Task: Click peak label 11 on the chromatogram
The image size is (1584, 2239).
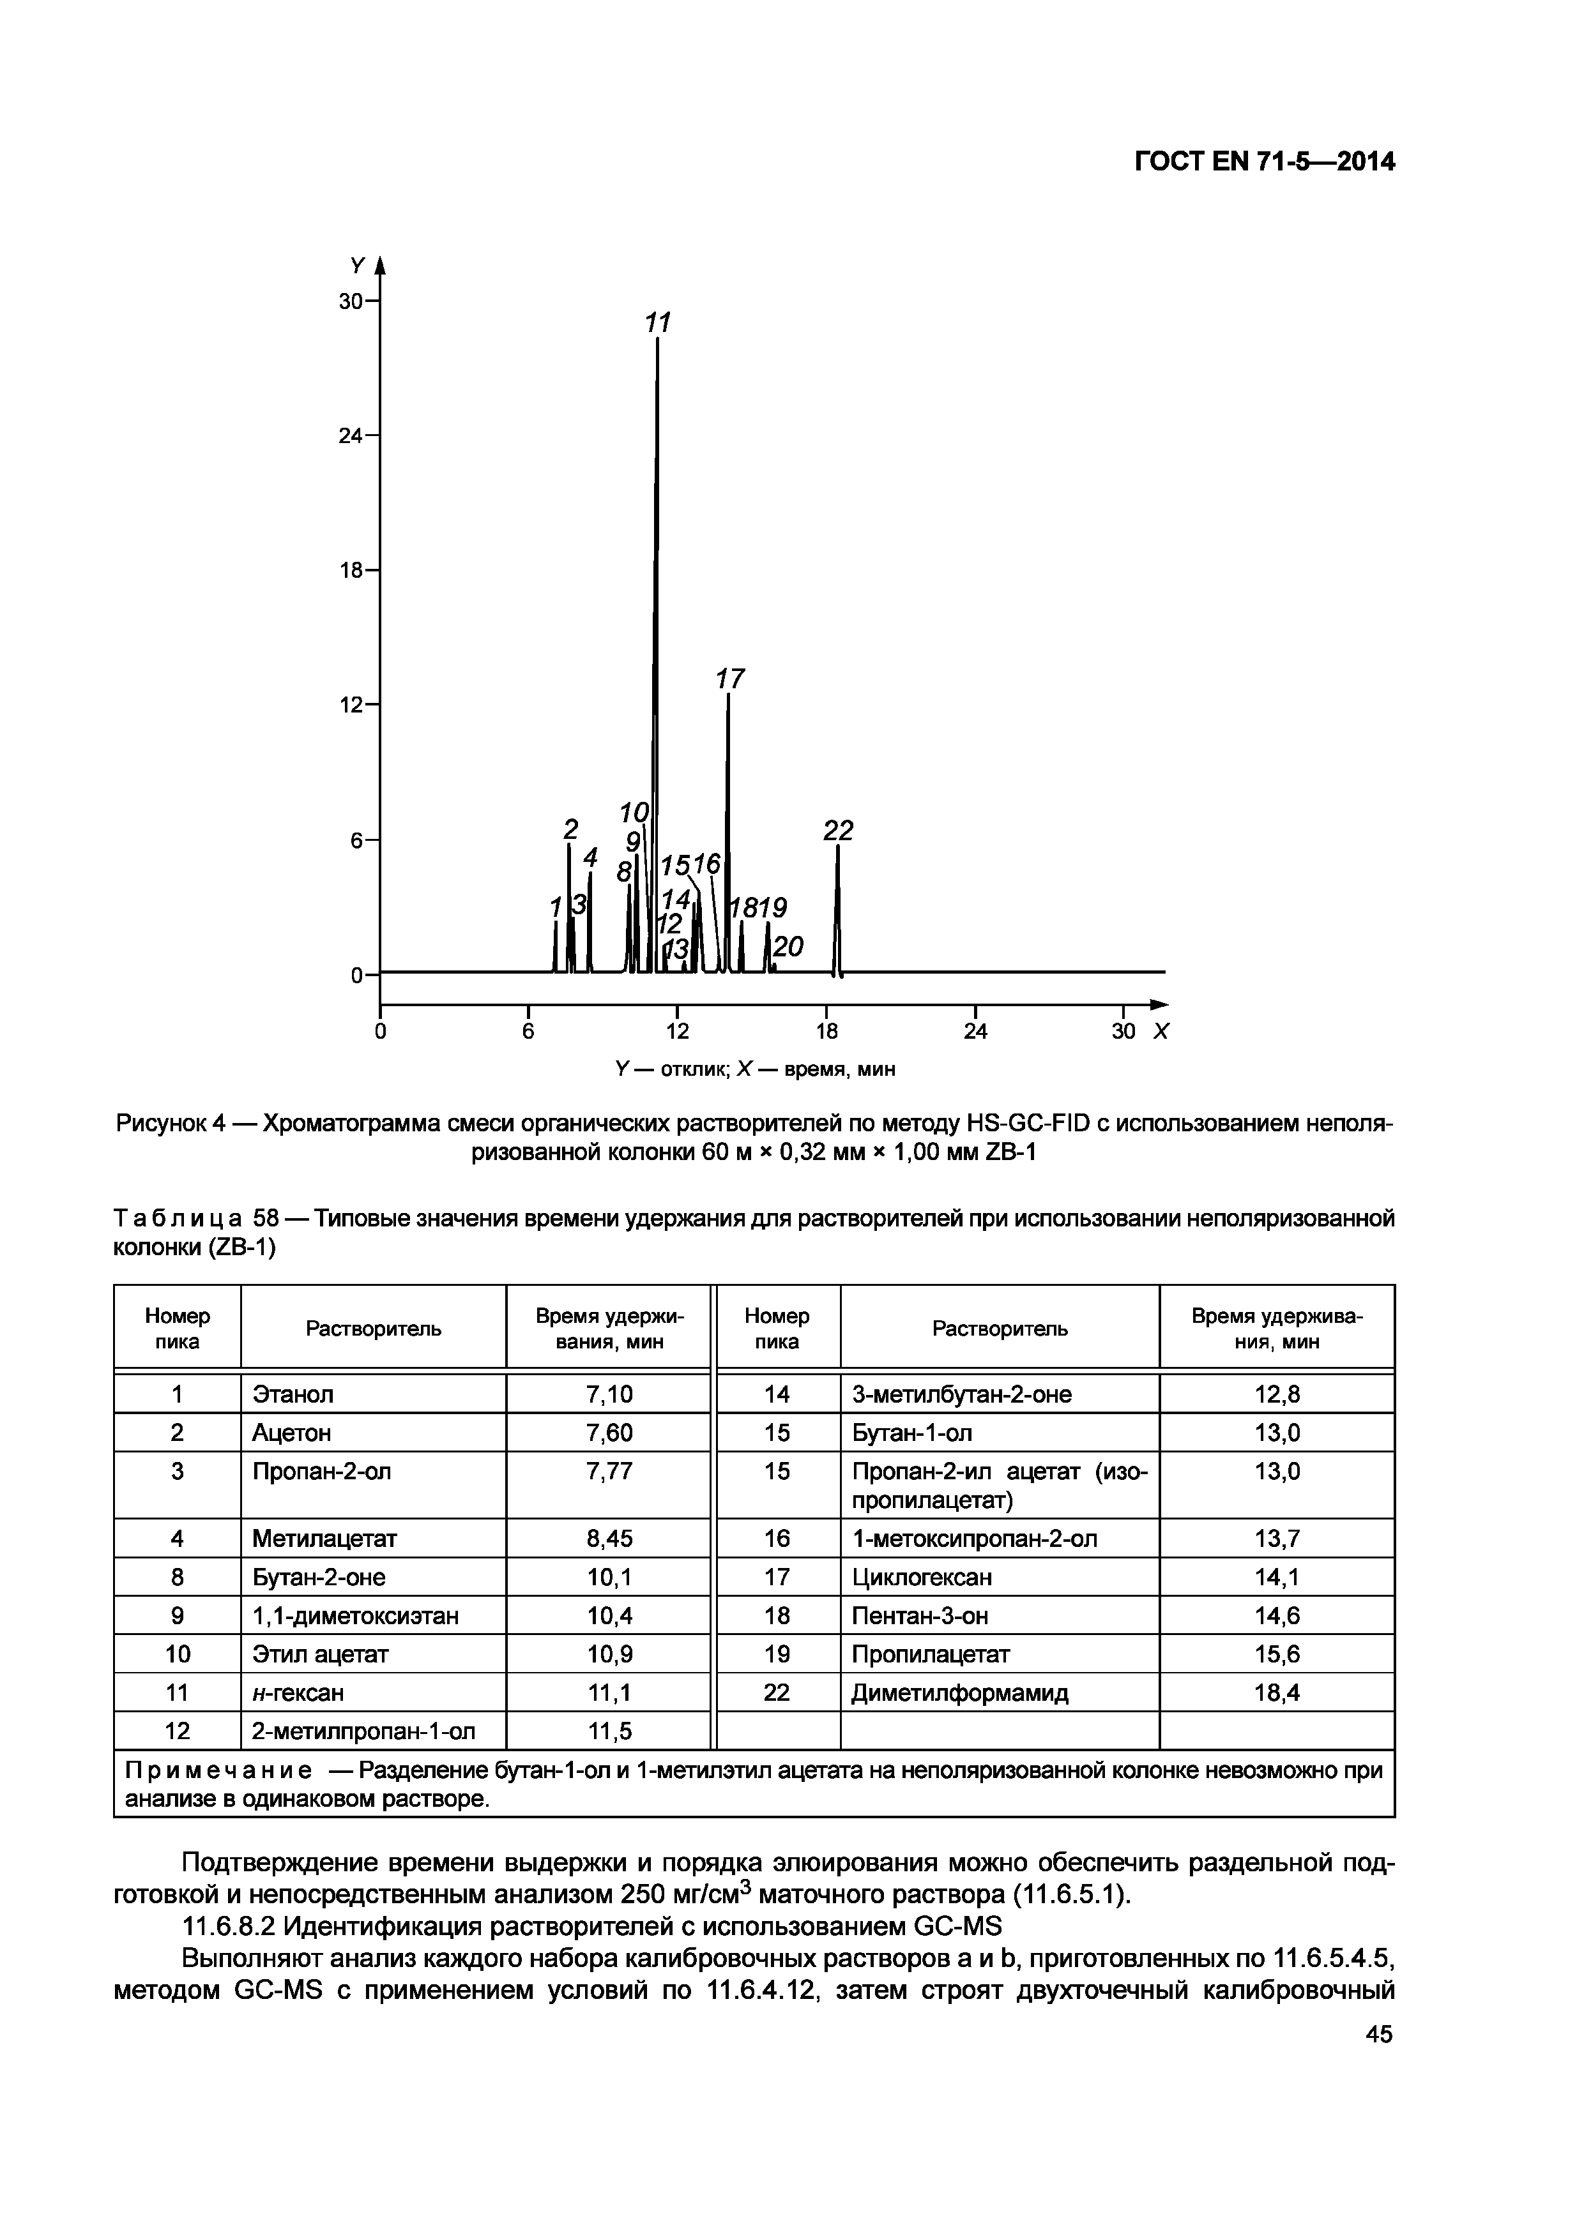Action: pos(659,323)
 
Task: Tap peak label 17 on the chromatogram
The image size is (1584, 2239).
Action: pos(729,679)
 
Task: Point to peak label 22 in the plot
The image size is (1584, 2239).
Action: pos(838,831)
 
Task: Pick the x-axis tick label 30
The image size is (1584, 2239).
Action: pos(1123,1032)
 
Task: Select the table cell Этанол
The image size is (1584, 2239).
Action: pos(293,1394)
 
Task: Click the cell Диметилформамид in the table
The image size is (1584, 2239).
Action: pos(960,1693)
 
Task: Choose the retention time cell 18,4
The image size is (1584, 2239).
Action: pos(1277,1693)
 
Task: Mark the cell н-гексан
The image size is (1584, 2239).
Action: pos(298,1693)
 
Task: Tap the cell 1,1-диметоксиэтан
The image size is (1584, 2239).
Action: pos(355,1616)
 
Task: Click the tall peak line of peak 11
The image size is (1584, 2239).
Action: pos(657,585)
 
